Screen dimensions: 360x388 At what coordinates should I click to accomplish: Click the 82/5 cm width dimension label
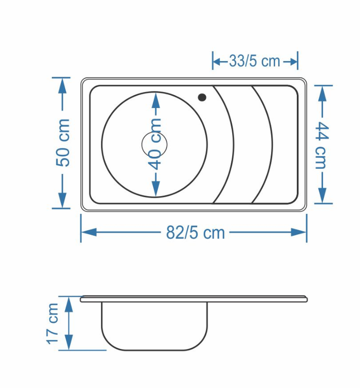click(x=195, y=233)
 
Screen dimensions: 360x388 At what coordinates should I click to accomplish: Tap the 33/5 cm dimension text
click(x=254, y=61)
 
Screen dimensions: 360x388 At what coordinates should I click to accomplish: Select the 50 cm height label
click(x=63, y=142)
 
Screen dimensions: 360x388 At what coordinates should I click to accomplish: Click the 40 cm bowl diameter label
click(x=156, y=144)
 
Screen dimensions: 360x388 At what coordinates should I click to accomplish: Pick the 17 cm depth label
click(x=53, y=324)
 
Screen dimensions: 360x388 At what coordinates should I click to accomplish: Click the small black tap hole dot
click(x=202, y=97)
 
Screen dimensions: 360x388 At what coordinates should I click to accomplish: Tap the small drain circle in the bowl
click(x=154, y=144)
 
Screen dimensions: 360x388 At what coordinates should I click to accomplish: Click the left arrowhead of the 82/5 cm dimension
click(x=88, y=232)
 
